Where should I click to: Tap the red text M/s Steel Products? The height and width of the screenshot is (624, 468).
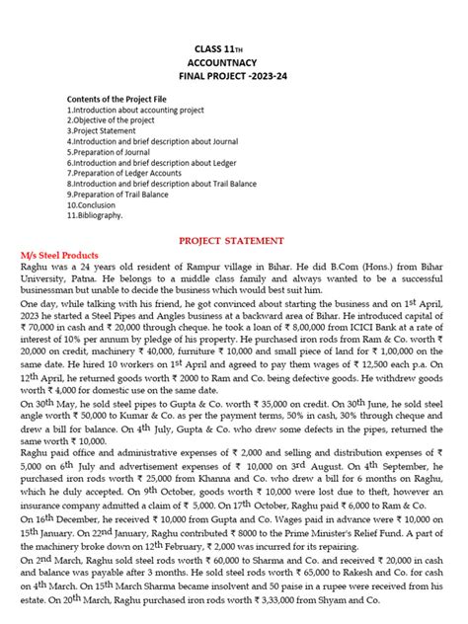coord(66,255)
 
